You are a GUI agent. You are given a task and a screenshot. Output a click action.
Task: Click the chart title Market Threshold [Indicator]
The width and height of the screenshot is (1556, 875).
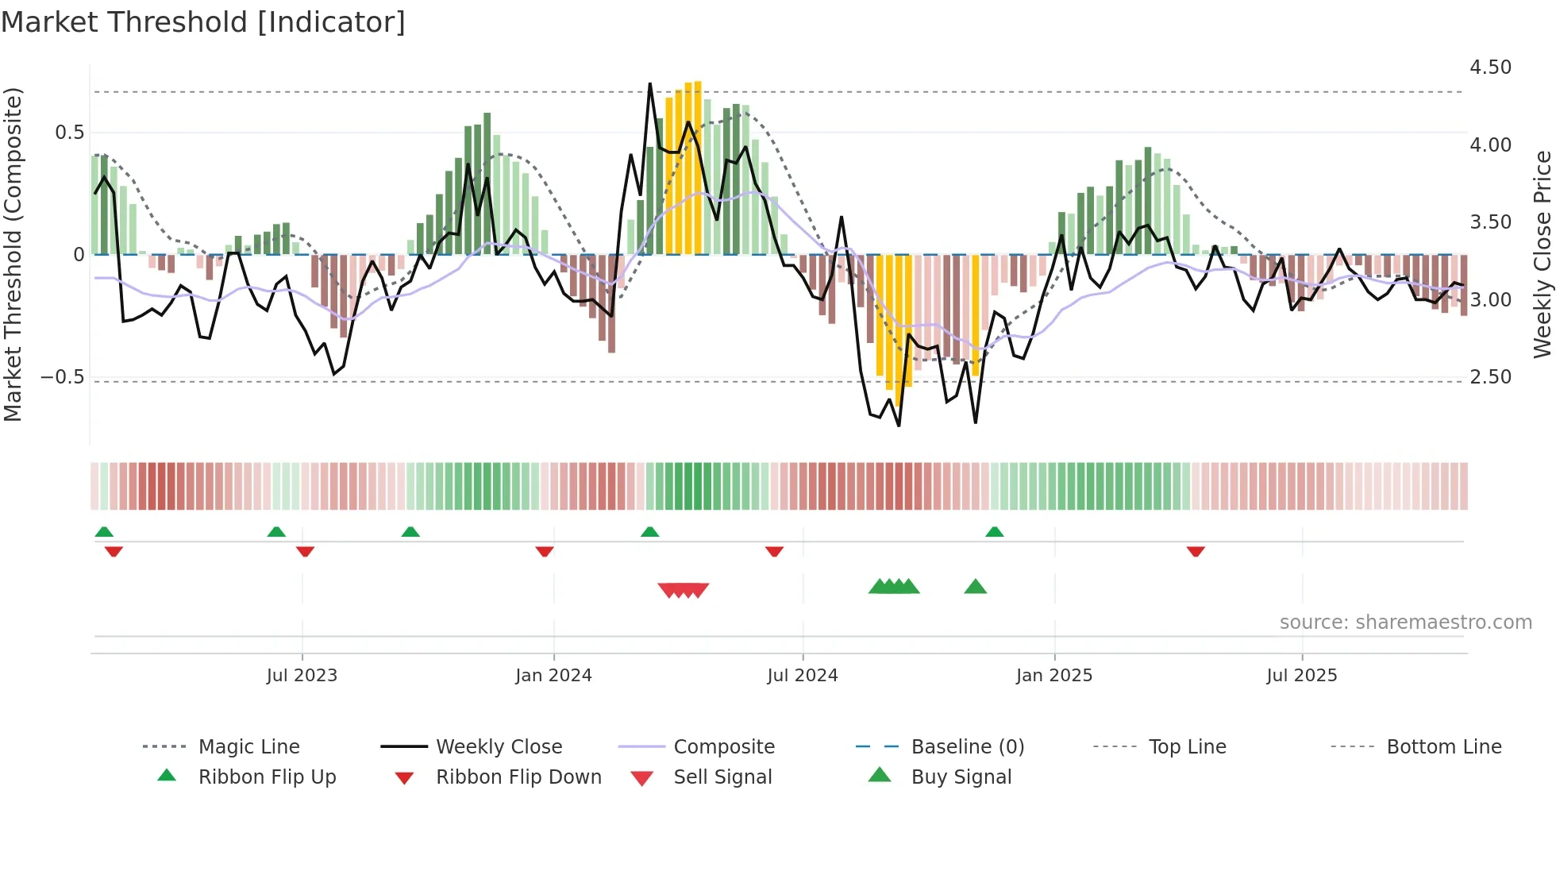point(203,22)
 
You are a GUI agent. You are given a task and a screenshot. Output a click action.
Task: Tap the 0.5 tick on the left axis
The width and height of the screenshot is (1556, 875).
point(69,133)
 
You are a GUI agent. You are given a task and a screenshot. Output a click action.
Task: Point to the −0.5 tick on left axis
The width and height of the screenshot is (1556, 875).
point(63,377)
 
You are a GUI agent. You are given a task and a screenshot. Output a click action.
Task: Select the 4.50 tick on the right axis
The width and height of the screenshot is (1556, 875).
point(1490,67)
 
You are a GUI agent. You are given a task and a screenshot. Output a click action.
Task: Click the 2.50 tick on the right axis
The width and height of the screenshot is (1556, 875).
point(1490,377)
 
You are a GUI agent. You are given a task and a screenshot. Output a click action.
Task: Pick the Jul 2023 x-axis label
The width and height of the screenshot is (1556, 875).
point(302,676)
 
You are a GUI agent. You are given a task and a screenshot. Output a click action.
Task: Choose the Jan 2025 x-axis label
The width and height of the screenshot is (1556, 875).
point(1053,676)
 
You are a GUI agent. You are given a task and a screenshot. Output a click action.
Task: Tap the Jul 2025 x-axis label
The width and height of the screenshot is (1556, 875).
point(1301,676)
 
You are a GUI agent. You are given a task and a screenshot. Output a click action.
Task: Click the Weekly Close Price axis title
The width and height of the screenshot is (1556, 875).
point(1542,254)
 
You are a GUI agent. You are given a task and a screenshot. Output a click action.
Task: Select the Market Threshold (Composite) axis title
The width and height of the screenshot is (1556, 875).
point(13,254)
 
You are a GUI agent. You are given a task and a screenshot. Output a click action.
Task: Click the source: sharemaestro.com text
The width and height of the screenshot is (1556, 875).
point(1405,623)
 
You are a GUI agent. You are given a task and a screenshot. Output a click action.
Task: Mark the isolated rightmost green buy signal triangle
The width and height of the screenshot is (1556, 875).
point(975,588)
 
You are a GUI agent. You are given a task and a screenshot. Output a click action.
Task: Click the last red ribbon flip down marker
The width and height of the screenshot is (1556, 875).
point(1196,551)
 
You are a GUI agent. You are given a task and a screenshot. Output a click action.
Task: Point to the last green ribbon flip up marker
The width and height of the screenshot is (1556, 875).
point(994,532)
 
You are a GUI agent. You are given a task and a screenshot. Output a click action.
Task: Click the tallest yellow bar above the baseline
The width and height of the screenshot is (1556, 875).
point(697,167)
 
